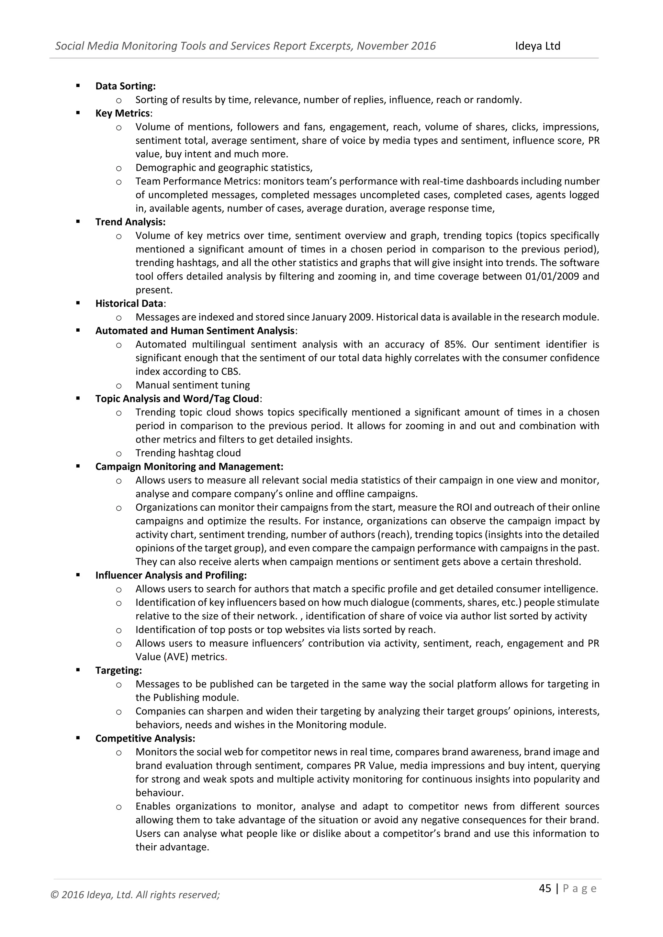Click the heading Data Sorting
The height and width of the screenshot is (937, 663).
[125, 86]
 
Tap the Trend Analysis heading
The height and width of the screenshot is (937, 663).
[130, 222]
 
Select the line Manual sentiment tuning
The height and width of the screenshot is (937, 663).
[192, 385]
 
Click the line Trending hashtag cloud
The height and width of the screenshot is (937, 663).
[188, 453]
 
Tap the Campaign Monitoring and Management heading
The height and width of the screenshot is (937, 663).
[189, 467]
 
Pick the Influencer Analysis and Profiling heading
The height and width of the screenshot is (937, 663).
[171, 575]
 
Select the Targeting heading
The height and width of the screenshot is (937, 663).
[118, 670]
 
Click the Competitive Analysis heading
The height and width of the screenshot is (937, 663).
[145, 738]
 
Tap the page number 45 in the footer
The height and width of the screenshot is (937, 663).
[545, 888]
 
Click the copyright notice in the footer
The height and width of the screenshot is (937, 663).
[135, 895]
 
